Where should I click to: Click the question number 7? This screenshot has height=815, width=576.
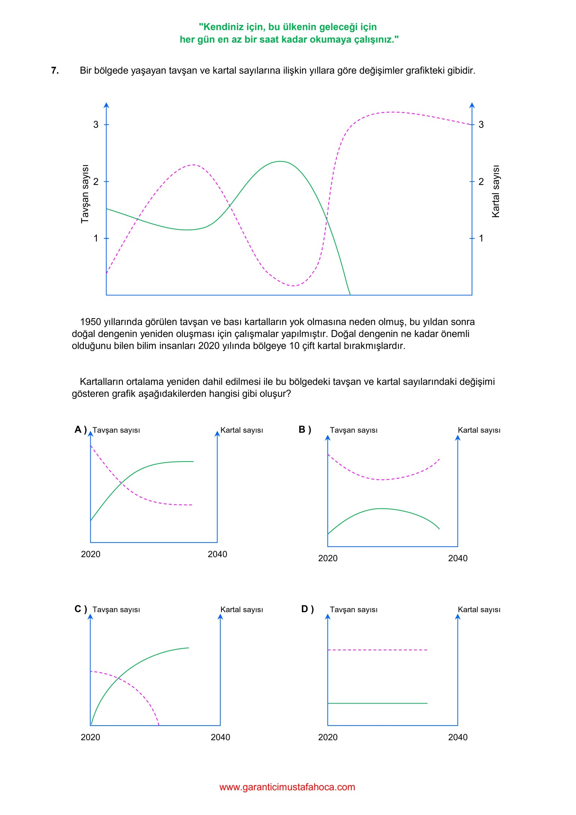55,71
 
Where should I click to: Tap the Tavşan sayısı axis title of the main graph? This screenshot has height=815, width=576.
85,194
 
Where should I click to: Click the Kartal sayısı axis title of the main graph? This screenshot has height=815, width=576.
496,191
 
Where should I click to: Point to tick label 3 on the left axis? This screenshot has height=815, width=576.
96,125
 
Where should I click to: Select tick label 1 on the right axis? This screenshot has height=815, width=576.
481,238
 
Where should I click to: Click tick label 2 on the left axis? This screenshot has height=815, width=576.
96,182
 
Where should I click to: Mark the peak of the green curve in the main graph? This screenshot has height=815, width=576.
280,161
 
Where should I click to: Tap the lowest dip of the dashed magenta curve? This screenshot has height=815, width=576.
294,286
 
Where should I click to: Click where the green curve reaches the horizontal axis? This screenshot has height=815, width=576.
350,295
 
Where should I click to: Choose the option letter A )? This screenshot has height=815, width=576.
81,429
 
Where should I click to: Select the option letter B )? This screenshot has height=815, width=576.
305,429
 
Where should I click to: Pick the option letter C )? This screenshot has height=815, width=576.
81,609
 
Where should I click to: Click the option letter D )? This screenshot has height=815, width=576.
307,609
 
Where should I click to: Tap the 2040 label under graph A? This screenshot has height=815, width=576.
217,554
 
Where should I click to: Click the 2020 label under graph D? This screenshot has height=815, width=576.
328,737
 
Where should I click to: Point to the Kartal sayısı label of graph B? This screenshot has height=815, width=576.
479,430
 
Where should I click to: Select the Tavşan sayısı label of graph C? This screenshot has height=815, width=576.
116,610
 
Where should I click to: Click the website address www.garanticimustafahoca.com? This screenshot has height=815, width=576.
287,787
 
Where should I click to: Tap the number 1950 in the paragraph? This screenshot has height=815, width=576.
90,322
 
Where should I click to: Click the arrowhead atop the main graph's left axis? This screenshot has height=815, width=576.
106,105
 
